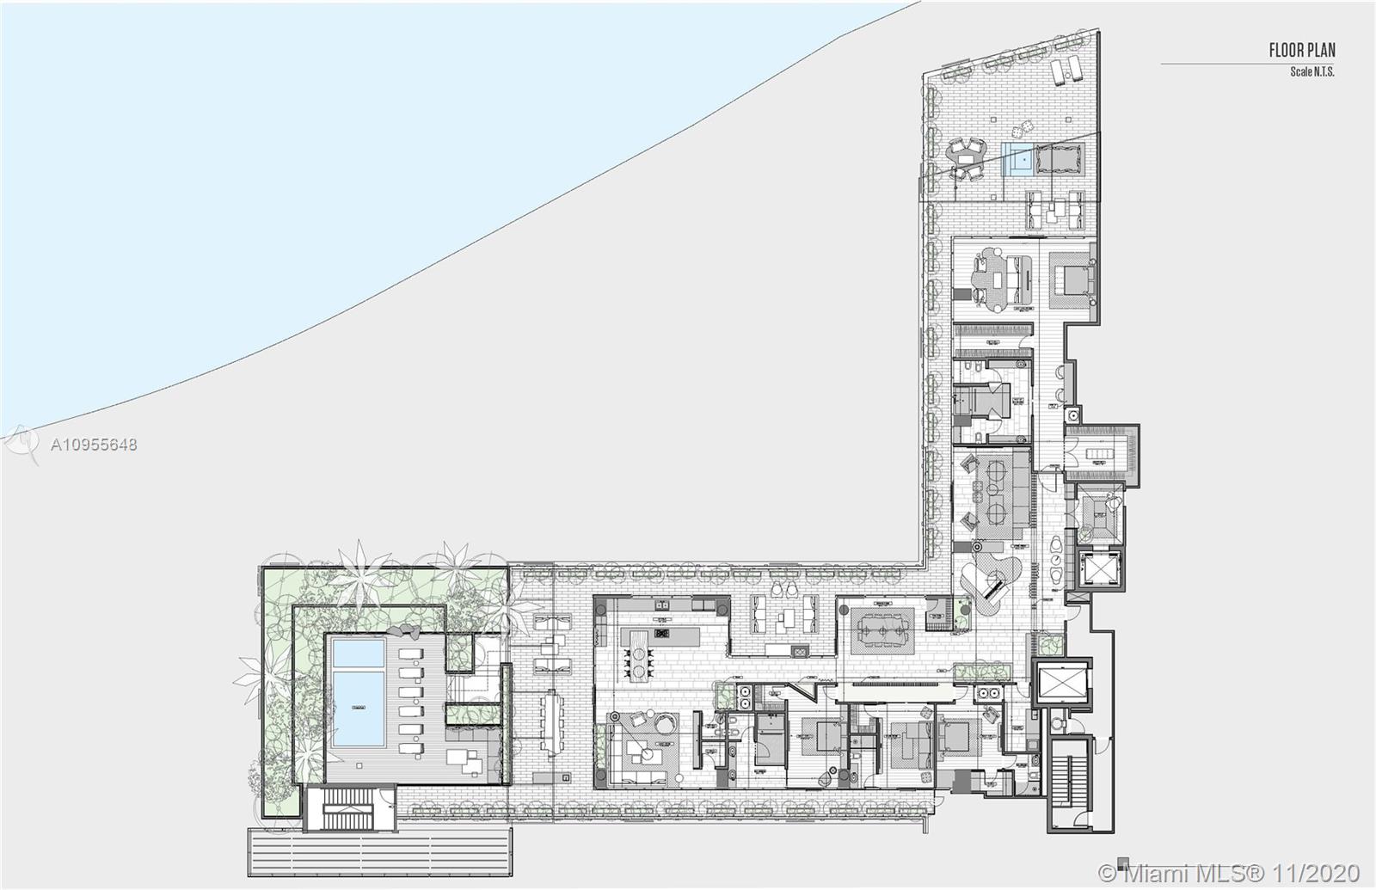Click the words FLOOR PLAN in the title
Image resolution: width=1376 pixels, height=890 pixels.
coord(1302,51)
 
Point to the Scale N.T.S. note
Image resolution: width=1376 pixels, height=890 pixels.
coord(1311,71)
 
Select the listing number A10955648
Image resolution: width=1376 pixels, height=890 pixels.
coord(94,445)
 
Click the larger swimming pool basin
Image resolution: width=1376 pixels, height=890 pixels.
coord(358,708)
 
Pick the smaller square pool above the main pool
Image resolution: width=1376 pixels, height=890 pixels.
coord(358,653)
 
